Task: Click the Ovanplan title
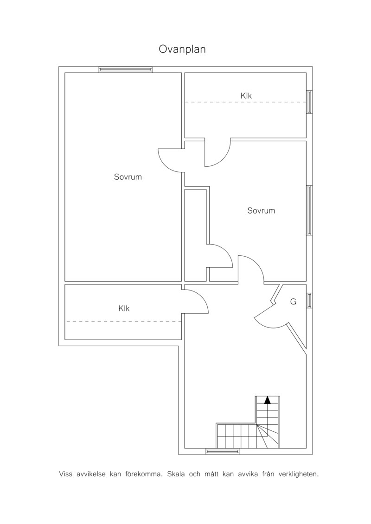tap(182, 50)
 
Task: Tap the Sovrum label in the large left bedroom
tap(128, 177)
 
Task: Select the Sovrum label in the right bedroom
tap(261, 210)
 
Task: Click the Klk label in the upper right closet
tap(246, 95)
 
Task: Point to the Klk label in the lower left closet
tap(124, 309)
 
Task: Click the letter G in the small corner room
tap(294, 302)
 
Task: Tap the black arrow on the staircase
tap(267, 400)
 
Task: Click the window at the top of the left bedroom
tap(126, 69)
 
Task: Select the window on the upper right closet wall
tap(309, 102)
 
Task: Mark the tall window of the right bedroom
tap(309, 210)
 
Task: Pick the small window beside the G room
tap(309, 300)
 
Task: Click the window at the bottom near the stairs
tap(223, 451)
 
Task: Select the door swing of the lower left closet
tap(201, 296)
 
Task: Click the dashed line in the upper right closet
tap(246, 102)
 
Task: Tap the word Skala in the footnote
tap(175, 474)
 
